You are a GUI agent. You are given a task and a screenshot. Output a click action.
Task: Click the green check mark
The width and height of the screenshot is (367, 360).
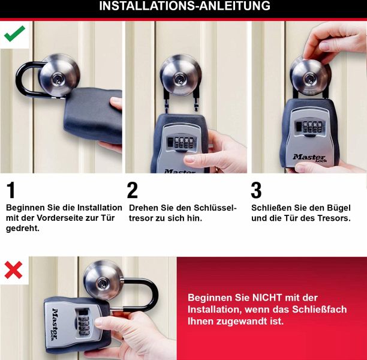(x=14, y=34)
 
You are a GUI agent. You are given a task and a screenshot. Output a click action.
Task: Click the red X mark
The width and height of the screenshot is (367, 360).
(x=14, y=270)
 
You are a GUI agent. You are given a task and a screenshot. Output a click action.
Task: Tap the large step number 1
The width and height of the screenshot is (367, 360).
(x=11, y=190)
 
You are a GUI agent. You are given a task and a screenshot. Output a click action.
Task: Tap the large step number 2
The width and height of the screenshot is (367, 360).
(x=133, y=190)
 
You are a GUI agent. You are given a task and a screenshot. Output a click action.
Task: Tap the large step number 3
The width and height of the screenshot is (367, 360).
(x=256, y=190)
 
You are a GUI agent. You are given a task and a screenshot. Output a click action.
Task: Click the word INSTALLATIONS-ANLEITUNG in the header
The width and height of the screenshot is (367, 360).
(x=185, y=6)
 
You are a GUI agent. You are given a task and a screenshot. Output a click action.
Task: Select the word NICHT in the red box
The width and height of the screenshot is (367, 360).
(x=267, y=298)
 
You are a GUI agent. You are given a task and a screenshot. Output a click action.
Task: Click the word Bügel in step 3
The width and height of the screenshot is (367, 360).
(x=338, y=208)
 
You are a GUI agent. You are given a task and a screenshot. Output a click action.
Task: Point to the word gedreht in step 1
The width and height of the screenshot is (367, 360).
(x=22, y=229)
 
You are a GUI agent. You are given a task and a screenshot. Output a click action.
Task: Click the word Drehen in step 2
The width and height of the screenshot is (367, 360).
(x=143, y=208)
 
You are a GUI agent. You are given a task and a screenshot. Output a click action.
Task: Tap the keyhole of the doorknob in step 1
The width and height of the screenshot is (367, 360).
(x=58, y=79)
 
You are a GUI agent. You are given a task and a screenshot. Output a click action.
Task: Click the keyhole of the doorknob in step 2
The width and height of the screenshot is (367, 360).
(x=180, y=79)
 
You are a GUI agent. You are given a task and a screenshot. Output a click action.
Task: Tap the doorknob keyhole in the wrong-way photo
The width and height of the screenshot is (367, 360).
(x=103, y=283)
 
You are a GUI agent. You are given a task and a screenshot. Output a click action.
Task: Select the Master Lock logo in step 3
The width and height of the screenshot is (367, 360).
(x=309, y=158)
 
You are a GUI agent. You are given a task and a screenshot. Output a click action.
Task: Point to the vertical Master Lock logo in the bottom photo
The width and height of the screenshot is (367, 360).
(x=55, y=325)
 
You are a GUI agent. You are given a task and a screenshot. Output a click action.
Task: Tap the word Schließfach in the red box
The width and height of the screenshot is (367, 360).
(x=319, y=310)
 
